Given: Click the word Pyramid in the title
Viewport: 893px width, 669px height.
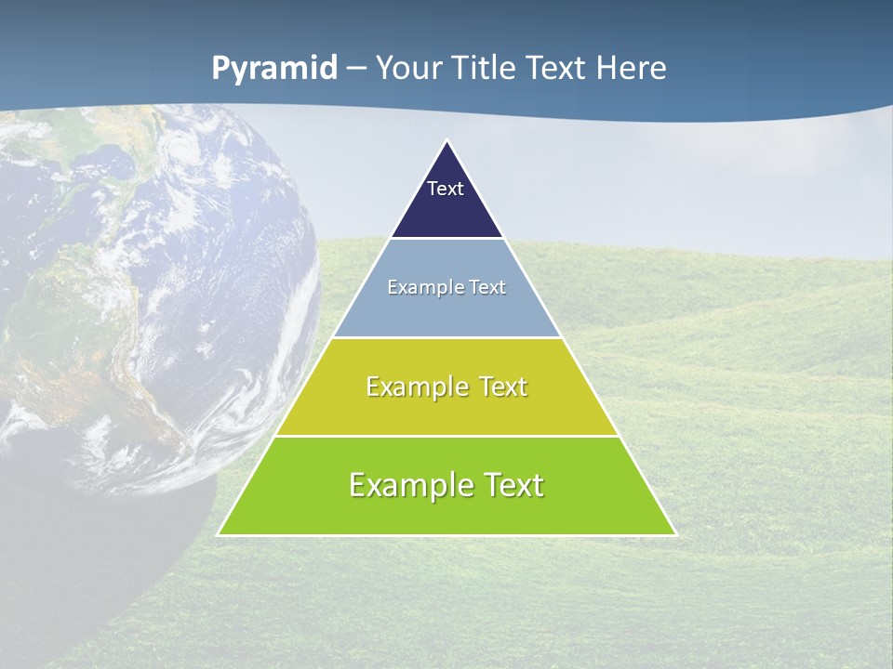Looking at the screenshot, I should coord(274,69).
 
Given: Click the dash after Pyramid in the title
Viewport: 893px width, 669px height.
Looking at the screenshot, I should coord(355,69).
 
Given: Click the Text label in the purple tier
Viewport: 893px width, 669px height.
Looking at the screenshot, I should coord(446,189).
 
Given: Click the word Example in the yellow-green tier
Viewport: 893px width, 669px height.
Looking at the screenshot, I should coord(414,387).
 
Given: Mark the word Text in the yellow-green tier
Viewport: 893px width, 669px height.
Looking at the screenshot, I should coord(500,387).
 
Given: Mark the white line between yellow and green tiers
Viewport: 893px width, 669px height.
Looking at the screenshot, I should coord(446,436).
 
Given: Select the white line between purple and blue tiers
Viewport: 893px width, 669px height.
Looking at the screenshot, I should coord(446,239).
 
